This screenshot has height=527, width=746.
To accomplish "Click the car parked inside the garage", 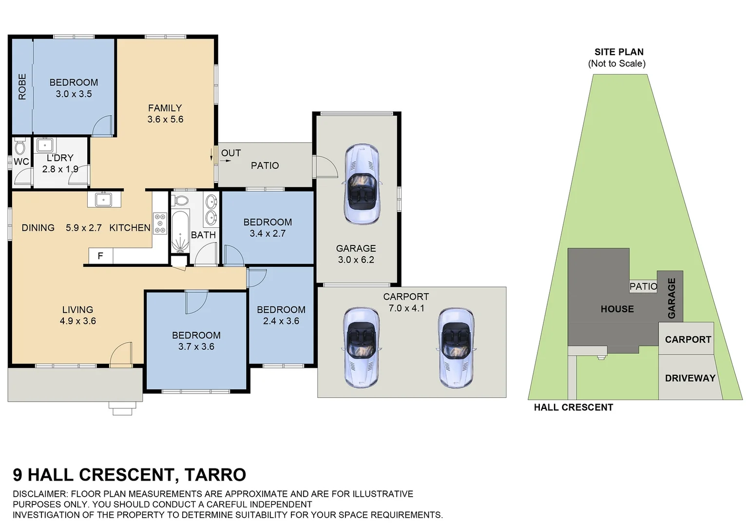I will [x=361, y=184].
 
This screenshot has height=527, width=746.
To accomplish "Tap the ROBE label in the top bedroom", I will [x=22, y=87].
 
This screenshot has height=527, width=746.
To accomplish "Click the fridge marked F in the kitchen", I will [x=100, y=256].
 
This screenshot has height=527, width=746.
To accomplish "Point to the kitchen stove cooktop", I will [x=160, y=223].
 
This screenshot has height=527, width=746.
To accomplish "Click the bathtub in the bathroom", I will [x=179, y=231].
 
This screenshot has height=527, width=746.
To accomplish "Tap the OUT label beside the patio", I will [x=230, y=153].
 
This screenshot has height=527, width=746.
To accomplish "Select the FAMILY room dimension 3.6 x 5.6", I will [x=165, y=120].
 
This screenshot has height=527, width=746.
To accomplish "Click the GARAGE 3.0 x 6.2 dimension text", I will [x=356, y=260].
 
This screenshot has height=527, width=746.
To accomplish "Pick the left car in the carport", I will [x=361, y=347].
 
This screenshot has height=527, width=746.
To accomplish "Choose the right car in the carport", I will [x=456, y=347].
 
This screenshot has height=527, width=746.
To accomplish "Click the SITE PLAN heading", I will [x=618, y=52].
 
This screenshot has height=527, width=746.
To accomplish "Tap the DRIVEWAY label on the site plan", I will [x=689, y=378].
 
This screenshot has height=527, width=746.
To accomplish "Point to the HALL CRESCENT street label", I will [x=573, y=407].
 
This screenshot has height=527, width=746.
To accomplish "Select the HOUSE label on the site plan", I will [x=617, y=309].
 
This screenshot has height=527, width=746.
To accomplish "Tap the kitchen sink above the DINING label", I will [x=104, y=200].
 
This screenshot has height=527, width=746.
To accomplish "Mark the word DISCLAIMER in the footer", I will [x=40, y=494].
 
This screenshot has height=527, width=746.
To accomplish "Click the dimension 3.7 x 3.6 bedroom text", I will [x=196, y=347].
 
